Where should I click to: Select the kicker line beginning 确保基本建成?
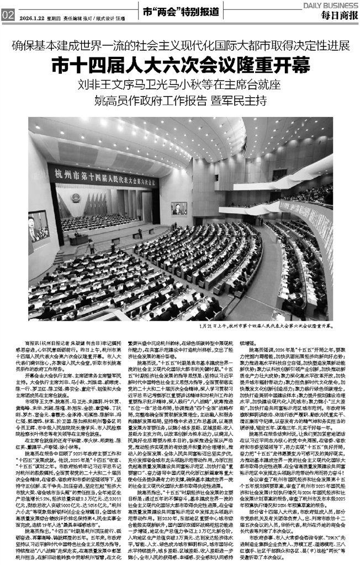[x=179, y=45]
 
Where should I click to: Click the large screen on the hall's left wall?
[x=39, y=227]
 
